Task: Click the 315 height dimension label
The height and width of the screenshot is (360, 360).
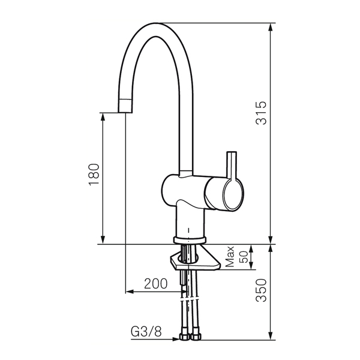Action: point(261,113)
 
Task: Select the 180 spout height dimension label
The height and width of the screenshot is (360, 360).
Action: point(94,174)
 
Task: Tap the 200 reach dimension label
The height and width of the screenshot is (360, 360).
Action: point(155,284)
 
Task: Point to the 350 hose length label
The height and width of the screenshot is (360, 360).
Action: point(261,290)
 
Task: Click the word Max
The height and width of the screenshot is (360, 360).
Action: point(230,257)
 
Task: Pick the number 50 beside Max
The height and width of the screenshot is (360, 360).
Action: point(244,257)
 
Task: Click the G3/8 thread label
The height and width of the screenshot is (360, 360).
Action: point(146,332)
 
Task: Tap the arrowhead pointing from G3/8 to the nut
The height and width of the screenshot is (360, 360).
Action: point(176,339)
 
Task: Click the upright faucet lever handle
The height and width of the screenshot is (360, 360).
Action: point(232,166)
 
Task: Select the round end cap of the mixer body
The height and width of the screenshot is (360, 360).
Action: point(233,194)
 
